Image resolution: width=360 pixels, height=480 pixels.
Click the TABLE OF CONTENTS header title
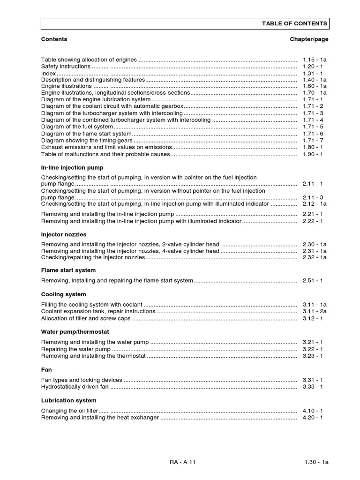295,24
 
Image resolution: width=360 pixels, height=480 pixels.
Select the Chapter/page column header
309,39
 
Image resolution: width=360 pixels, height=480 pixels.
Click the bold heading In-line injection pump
72,167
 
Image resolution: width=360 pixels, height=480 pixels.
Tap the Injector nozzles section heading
64,234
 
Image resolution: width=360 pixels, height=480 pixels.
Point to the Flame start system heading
68,270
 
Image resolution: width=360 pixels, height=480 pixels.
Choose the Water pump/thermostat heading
75,332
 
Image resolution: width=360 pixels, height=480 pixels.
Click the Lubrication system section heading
69,401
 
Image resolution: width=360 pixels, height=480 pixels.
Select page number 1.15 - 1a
315,60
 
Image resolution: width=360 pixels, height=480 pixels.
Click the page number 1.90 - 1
313,154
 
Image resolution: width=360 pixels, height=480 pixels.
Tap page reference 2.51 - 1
313,281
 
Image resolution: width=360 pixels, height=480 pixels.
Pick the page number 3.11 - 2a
315,312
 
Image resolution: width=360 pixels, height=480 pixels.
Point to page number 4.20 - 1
313,418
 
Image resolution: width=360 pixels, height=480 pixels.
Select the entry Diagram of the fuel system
77,127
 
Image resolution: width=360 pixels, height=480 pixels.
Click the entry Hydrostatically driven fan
75,387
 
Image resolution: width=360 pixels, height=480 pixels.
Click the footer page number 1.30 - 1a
316,462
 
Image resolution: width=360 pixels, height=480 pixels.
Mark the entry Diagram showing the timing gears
87,141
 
